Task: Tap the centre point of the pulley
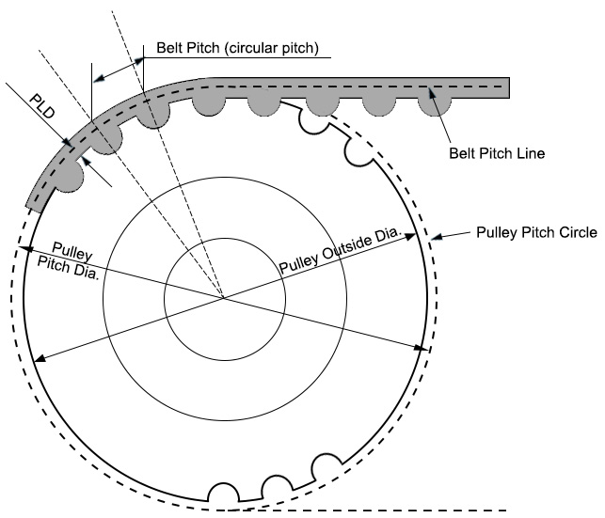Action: coord(224,298)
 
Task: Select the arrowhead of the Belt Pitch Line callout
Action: coord(430,89)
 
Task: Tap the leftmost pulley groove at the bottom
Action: coord(222,493)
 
